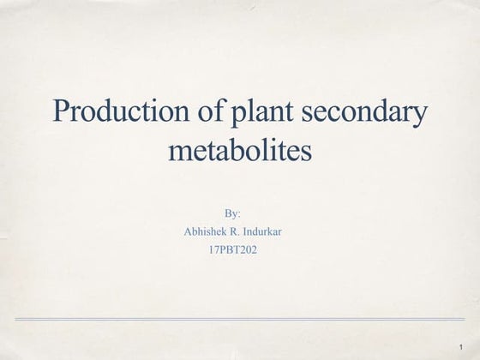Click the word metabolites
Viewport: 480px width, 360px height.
238,152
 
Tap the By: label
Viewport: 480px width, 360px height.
232,212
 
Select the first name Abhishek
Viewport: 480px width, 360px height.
208,231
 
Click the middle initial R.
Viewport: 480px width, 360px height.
245,231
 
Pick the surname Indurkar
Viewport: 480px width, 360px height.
277,231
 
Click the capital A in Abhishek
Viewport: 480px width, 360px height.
188,231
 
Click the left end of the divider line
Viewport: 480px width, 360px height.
17,319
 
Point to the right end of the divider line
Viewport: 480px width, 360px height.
463,319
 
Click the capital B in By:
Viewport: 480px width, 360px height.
227,212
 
